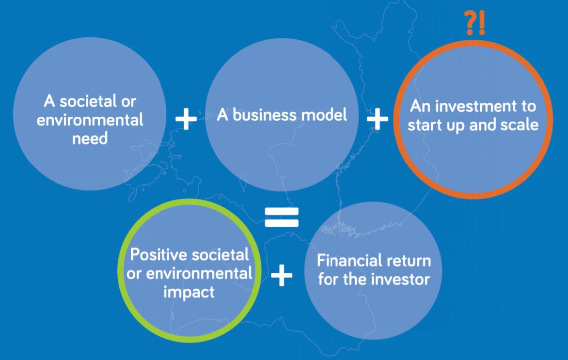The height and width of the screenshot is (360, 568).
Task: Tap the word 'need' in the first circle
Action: (x=90, y=140)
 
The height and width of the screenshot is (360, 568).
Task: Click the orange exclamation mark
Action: (x=481, y=23)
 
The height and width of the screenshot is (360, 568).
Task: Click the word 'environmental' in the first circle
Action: (x=90, y=121)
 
